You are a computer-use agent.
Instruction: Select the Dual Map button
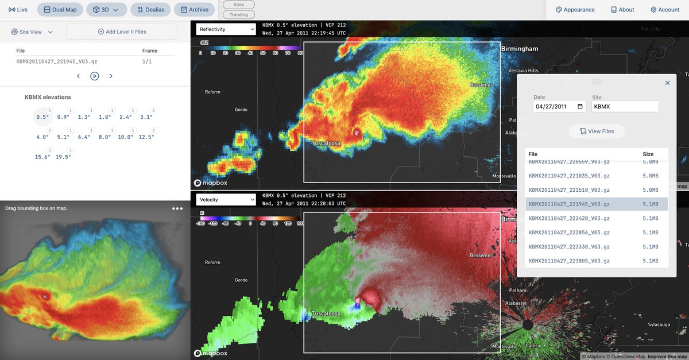tap(60, 10)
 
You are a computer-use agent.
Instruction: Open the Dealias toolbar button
tap(151, 10)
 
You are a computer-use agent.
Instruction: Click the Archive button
tap(194, 10)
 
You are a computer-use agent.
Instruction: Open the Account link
tap(665, 10)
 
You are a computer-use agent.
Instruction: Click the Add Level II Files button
tap(122, 32)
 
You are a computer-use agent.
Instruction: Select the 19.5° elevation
tap(63, 157)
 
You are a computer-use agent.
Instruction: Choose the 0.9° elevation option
tap(63, 117)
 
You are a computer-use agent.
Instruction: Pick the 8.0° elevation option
tap(104, 137)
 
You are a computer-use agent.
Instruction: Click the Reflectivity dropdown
tap(226, 29)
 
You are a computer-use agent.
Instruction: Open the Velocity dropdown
tap(226, 200)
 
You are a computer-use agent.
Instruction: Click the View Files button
tap(597, 131)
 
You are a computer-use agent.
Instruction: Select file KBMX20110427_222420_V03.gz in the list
tap(569, 218)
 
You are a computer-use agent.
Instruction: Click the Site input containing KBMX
tap(625, 106)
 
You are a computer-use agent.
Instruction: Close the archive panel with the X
tap(667, 83)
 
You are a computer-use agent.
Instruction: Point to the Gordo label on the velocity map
tap(241, 280)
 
